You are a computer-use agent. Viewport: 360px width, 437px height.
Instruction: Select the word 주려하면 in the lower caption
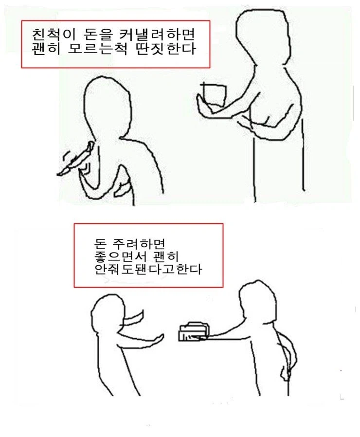click(139, 242)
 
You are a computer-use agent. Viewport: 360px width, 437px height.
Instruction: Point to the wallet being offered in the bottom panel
click(193, 333)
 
